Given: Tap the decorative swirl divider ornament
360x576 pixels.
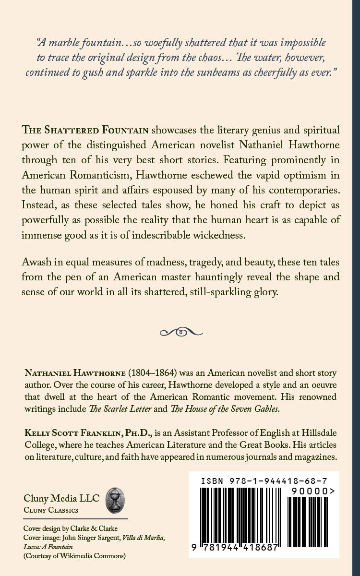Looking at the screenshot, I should (180, 331).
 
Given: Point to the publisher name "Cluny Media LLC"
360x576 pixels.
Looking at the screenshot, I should (61, 498).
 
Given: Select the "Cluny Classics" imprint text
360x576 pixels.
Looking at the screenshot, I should (51, 510).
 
